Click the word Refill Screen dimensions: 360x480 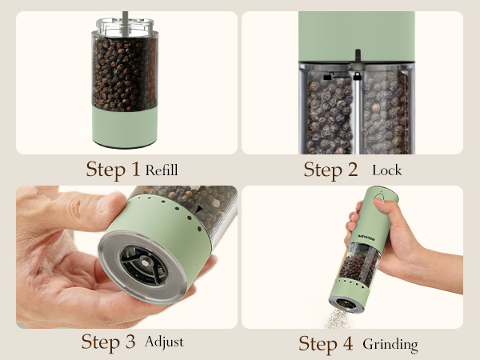tap(162, 170)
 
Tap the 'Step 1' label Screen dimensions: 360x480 tap(114, 170)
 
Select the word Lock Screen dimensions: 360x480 tap(386, 170)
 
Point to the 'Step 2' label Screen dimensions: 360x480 tap(331, 170)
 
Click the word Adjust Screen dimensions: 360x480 tap(164, 342)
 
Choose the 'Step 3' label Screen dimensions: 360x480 tap(110, 342)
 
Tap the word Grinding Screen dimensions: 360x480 tap(390, 344)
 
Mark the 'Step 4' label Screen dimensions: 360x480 tap(326, 344)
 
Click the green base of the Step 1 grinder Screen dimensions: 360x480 tap(124, 128)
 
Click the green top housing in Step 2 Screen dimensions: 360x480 tap(356, 32)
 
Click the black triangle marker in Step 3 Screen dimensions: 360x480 tap(198, 210)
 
